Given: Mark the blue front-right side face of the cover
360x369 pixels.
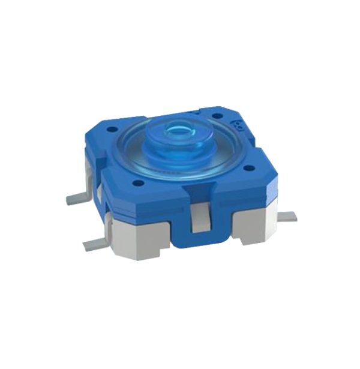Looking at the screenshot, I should (240, 192).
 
